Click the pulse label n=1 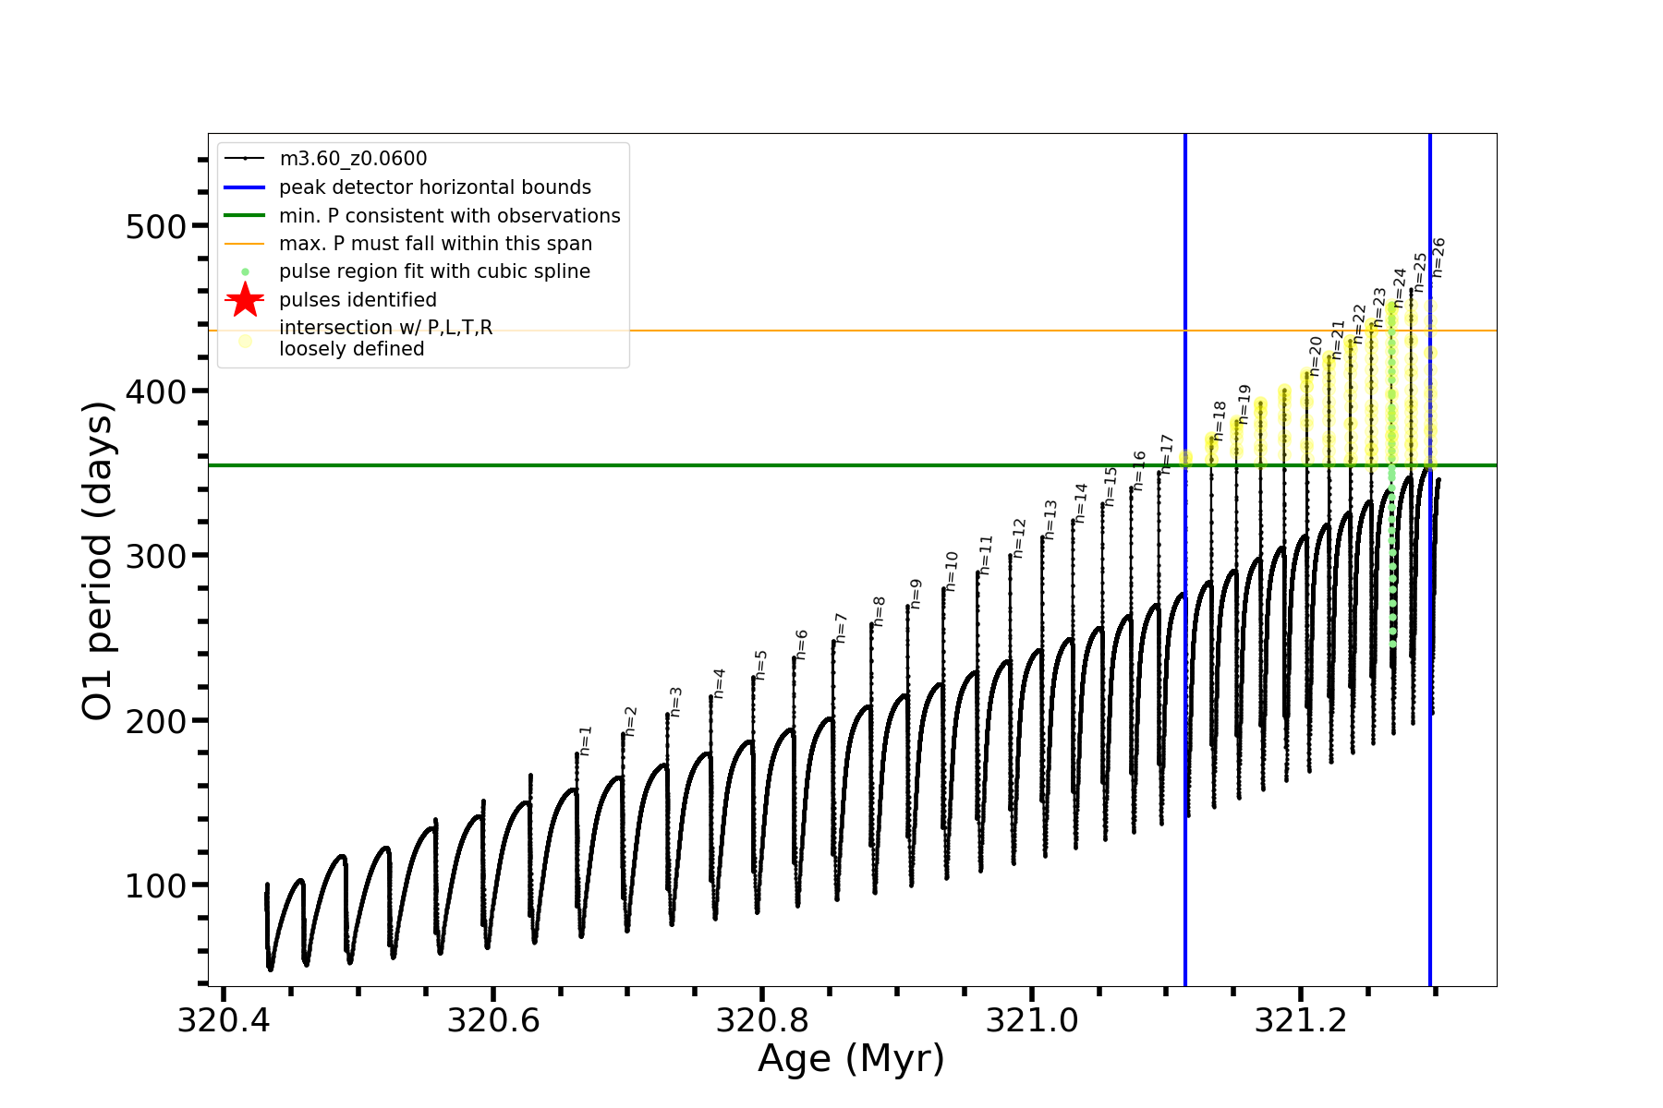click(586, 741)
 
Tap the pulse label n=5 click(761, 665)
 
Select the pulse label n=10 click(952, 571)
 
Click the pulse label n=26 click(1438, 258)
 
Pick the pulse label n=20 click(1316, 355)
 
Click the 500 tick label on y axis click(154, 226)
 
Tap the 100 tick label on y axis click(154, 885)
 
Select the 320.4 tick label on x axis click(223, 1020)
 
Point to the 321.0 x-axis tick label click(1032, 1020)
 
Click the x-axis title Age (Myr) click(851, 1059)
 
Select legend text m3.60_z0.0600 click(353, 159)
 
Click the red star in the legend click(245, 300)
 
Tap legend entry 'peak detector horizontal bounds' click(435, 187)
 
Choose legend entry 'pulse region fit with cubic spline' click(434, 271)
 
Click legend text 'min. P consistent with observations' click(450, 215)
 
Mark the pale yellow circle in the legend click(245, 341)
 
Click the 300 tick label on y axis click(154, 556)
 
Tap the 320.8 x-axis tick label click(762, 1020)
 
